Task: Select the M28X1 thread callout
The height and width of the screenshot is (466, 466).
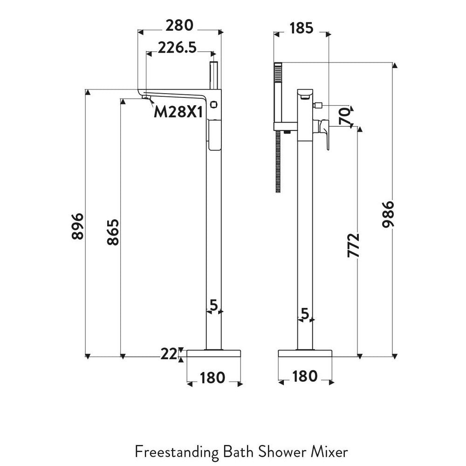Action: click(178, 111)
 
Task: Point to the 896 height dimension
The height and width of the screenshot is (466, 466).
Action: click(77, 226)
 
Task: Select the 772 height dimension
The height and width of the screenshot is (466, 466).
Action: click(354, 245)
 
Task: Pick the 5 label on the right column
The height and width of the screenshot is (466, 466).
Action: click(305, 314)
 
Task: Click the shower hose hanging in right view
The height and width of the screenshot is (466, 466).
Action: click(278, 161)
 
